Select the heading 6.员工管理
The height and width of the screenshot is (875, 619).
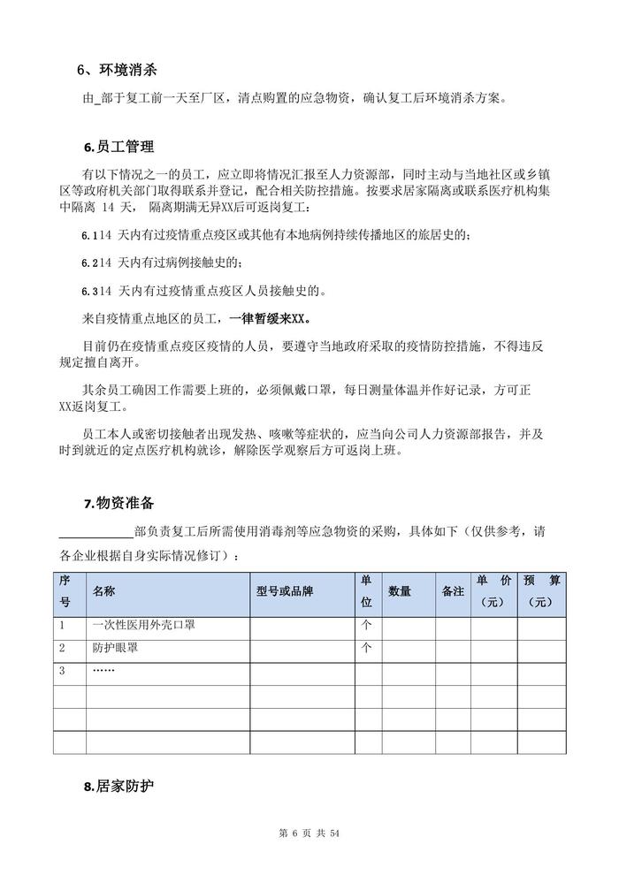pyautogui.click(x=118, y=146)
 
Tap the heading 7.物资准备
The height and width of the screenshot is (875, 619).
pyautogui.click(x=118, y=504)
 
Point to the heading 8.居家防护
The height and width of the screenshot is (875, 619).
pyautogui.click(x=118, y=784)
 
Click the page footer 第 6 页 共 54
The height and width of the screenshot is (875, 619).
pyautogui.click(x=309, y=833)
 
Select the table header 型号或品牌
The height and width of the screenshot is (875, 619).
pyautogui.click(x=285, y=591)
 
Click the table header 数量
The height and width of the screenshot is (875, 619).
pyautogui.click(x=399, y=591)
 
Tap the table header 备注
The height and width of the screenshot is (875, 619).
pyautogui.click(x=453, y=591)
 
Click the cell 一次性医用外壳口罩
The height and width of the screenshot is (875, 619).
pyautogui.click(x=143, y=625)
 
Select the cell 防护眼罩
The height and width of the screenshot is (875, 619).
pyautogui.click(x=115, y=648)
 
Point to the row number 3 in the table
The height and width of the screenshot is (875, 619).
pyautogui.click(x=63, y=671)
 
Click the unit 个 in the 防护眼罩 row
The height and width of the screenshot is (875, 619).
pyautogui.click(x=366, y=648)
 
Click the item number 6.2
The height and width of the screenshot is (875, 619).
pyautogui.click(x=88, y=263)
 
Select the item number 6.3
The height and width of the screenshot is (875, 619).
pyautogui.click(x=88, y=290)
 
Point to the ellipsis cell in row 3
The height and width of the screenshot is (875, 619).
pyautogui.click(x=103, y=671)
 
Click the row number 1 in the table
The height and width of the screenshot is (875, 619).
pyautogui.click(x=63, y=625)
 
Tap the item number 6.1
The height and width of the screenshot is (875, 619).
pyautogui.click(x=88, y=236)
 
